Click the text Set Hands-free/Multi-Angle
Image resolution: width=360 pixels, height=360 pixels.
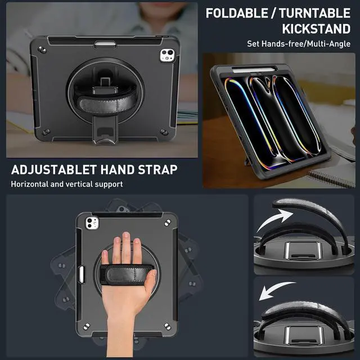coord(298,43)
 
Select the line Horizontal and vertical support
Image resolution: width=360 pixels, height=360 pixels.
coord(66,184)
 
